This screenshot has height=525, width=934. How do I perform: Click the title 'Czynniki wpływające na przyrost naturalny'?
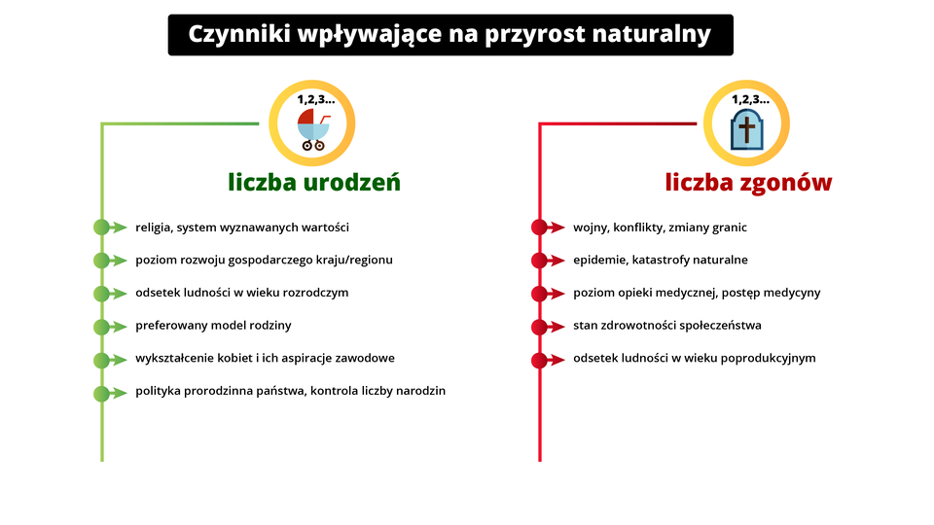449,34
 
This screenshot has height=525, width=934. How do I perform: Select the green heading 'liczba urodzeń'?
314,182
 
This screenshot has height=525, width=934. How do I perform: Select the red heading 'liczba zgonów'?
748,182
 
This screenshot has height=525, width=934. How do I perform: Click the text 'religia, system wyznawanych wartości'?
242,227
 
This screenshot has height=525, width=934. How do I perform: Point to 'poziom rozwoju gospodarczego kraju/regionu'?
264,260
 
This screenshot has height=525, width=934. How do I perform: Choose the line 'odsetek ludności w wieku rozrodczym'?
241,292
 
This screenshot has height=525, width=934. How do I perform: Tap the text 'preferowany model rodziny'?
213,325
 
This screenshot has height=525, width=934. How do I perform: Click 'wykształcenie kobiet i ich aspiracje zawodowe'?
265,358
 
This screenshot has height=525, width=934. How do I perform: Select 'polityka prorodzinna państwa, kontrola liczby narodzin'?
290,391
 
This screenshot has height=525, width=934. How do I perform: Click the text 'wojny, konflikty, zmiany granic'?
660,227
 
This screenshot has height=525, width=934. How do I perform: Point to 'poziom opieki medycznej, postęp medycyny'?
697,292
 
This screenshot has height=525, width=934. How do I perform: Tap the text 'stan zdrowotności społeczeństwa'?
666,325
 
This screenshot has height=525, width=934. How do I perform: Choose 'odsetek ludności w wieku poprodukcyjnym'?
694,358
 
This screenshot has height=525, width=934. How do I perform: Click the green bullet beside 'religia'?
101,227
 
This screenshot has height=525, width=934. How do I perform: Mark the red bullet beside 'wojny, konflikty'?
539,227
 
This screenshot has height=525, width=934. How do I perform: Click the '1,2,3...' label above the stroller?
314,98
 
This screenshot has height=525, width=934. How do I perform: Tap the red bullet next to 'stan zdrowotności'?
539,326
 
